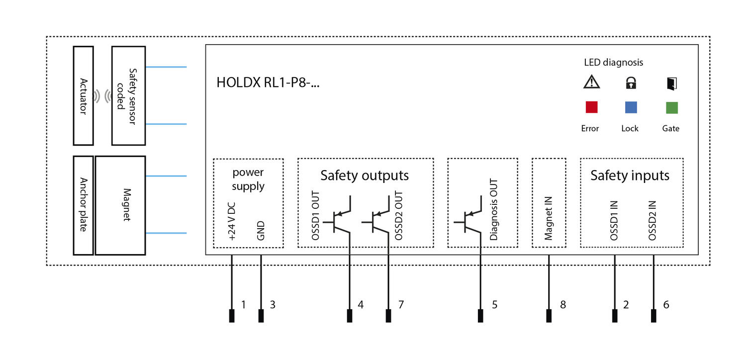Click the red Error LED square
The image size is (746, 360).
[591, 107]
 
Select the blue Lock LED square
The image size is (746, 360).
[631, 107]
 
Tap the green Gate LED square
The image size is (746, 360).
[671, 107]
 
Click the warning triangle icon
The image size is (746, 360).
[591, 83]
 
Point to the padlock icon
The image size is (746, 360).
[631, 83]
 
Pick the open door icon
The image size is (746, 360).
[671, 83]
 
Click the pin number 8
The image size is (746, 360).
[562, 304]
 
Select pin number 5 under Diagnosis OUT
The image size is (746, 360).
[494, 304]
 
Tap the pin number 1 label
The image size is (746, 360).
[243, 304]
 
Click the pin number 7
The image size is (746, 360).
[400, 304]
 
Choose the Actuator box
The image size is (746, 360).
[83, 95]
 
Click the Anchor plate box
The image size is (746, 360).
[83, 205]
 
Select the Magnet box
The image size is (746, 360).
[127, 205]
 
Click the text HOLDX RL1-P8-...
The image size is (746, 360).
[268, 83]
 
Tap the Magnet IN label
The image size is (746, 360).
[549, 219]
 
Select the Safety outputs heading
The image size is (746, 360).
[365, 176]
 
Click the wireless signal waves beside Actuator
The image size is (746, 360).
[102, 96]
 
